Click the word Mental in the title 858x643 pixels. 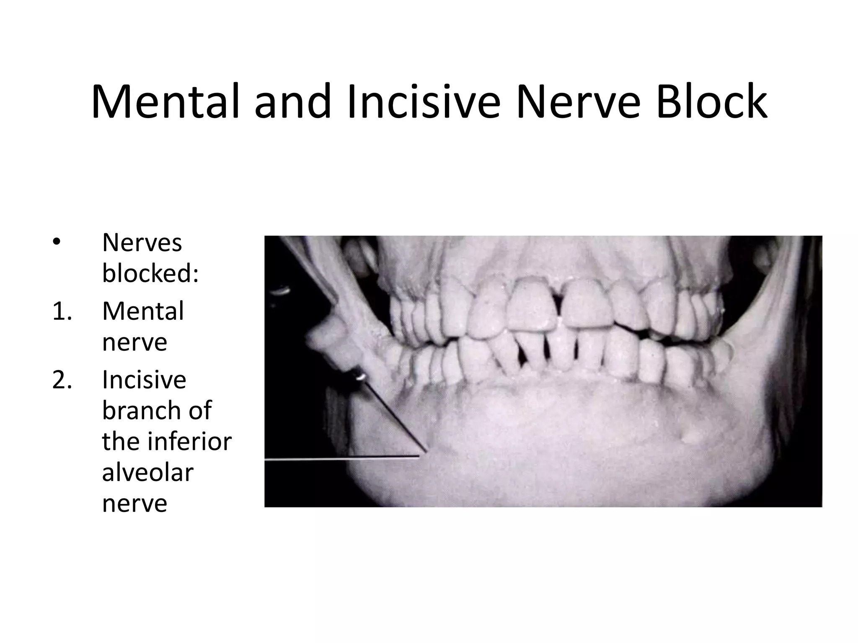(165, 102)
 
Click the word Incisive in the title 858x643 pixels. (424, 102)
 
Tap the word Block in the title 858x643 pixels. (712, 102)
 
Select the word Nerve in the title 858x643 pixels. (579, 102)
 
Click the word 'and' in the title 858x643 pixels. (293, 102)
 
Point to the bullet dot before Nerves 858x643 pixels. (57, 242)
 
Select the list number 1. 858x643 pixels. (62, 311)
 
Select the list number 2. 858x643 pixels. (62, 380)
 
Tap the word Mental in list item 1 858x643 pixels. (143, 311)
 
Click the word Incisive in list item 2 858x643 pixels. (144, 380)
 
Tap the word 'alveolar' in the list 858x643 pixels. (147, 472)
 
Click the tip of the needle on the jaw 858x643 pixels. (426, 452)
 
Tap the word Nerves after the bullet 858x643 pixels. (142, 242)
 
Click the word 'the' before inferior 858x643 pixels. (119, 441)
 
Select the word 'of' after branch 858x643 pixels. (200, 410)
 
